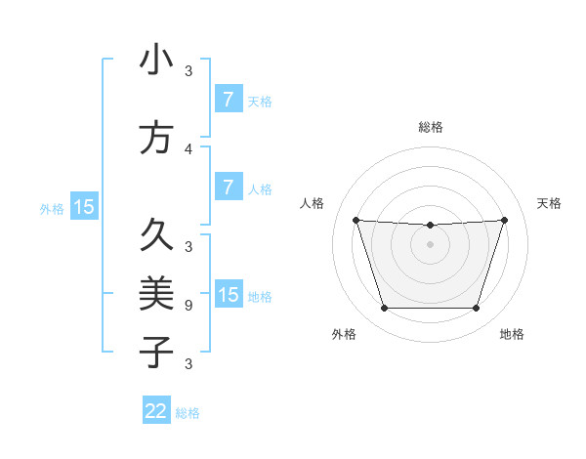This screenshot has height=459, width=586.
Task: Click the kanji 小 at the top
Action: (x=156, y=61)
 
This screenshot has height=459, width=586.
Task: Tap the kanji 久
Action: (x=156, y=234)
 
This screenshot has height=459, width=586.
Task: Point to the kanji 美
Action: (x=156, y=292)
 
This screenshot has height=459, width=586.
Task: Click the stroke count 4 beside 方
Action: (x=188, y=149)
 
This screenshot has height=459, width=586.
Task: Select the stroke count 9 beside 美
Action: (x=188, y=305)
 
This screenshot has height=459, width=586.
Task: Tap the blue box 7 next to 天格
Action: (x=228, y=100)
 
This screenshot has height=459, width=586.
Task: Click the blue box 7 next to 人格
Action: (x=228, y=188)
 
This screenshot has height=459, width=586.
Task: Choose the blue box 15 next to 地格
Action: (x=228, y=295)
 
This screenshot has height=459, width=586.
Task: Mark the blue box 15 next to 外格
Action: (x=84, y=207)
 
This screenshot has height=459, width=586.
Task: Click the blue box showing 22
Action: (x=155, y=411)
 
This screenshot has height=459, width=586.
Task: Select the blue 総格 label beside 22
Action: (x=188, y=413)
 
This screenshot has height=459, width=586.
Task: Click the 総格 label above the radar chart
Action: (x=430, y=127)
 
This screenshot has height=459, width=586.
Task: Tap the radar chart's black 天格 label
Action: (x=549, y=203)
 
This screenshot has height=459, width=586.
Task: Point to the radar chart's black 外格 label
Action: (x=344, y=334)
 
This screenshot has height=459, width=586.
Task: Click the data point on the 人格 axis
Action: (x=356, y=220)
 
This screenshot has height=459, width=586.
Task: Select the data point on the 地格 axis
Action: (x=476, y=309)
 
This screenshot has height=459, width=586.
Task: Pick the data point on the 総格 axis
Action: (x=430, y=226)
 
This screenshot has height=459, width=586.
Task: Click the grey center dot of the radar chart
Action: (x=430, y=244)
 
